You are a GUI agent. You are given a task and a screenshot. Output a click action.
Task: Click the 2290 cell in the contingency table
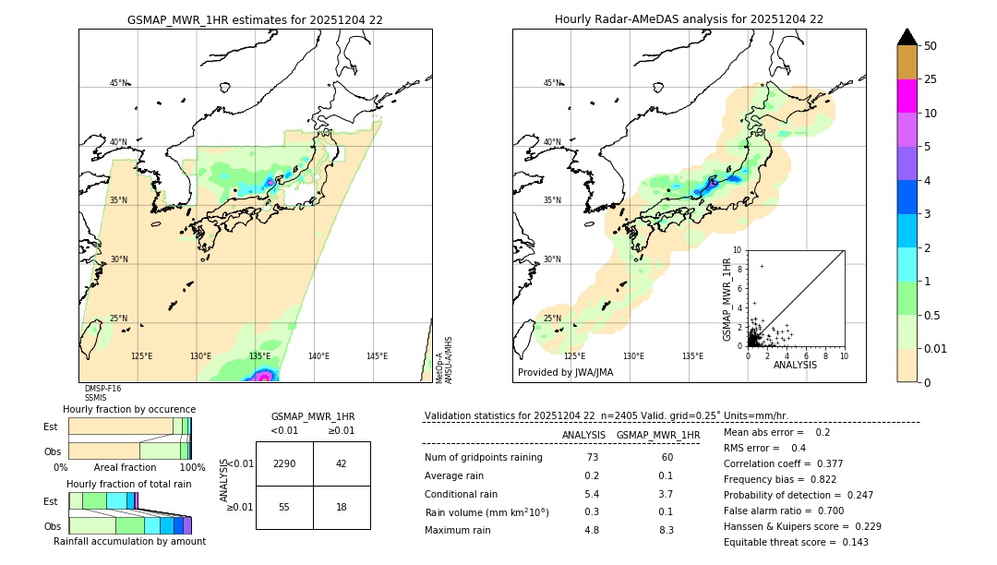click(284, 463)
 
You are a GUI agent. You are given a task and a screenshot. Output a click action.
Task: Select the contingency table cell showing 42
click(342, 463)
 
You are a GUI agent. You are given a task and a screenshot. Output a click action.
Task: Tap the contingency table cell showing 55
click(284, 507)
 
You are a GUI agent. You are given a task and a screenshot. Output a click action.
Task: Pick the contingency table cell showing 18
click(342, 507)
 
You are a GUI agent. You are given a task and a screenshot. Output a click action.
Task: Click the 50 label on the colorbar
click(931, 46)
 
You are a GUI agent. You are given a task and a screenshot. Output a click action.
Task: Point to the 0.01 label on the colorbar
click(936, 348)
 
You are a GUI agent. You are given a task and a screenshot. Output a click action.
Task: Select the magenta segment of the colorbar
click(907, 96)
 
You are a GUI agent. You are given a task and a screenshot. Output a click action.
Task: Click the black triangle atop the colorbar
click(907, 37)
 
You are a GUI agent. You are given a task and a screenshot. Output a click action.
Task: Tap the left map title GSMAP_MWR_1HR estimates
click(255, 19)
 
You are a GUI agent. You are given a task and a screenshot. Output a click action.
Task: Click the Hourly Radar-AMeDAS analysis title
click(689, 19)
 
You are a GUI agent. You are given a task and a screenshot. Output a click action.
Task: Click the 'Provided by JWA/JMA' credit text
click(565, 372)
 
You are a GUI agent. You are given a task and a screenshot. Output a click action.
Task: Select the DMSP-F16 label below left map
click(102, 389)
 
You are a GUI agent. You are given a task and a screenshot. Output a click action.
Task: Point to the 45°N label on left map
click(119, 83)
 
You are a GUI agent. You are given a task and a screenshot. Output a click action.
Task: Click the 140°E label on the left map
click(318, 355)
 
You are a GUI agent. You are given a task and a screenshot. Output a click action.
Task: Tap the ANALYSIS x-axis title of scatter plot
click(795, 365)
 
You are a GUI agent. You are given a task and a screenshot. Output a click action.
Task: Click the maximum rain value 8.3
click(667, 530)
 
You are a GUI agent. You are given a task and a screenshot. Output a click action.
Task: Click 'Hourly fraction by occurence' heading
click(129, 409)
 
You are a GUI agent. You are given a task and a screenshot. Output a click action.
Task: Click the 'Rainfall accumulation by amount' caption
click(129, 541)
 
